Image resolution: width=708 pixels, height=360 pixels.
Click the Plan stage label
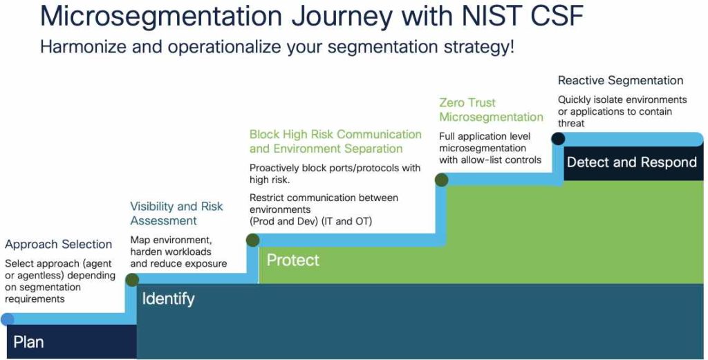point(28,342)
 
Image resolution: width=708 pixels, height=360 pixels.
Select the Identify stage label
point(168,299)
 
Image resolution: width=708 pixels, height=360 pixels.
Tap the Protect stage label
point(293,260)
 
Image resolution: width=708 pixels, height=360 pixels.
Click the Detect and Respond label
point(631,163)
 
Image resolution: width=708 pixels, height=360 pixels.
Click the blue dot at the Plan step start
point(7,319)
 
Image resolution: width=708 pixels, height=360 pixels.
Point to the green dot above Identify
point(131,279)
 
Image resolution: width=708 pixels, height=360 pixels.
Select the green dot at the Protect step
point(253,240)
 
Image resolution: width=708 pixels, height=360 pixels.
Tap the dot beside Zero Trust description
point(441,180)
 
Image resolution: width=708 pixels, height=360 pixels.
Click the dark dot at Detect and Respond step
point(558,139)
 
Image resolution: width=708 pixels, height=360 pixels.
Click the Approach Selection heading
point(58,245)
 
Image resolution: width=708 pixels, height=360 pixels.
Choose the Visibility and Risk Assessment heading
point(176,214)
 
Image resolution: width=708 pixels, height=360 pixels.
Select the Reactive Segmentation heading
point(620,81)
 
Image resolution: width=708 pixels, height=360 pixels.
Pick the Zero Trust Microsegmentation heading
point(491,110)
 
